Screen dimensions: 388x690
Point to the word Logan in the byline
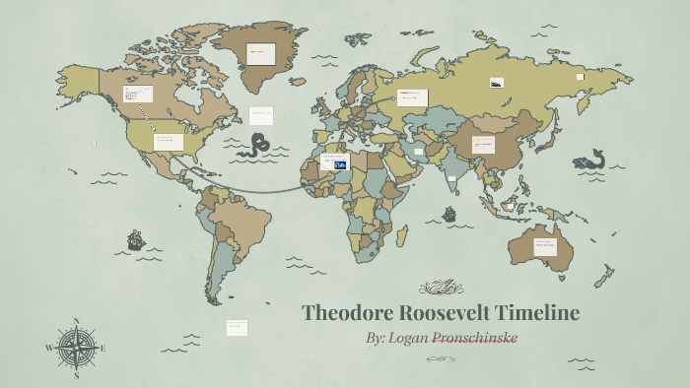tap(408, 338)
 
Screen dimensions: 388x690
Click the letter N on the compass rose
tap(76, 321)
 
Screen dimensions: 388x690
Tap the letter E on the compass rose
tap(103, 348)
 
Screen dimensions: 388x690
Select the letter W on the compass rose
tap(48, 348)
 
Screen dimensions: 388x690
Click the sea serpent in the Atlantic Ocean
tap(258, 145)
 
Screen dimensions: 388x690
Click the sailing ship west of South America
tap(136, 239)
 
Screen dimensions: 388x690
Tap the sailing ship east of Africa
tap(449, 214)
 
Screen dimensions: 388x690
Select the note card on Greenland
tap(260, 53)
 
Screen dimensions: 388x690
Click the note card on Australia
tap(545, 245)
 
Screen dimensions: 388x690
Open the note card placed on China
tap(483, 144)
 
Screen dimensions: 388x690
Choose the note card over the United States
tap(169, 141)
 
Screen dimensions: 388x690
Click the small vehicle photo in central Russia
tap(496, 83)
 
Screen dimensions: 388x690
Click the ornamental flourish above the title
tap(441, 288)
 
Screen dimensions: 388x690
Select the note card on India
tap(451, 179)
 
